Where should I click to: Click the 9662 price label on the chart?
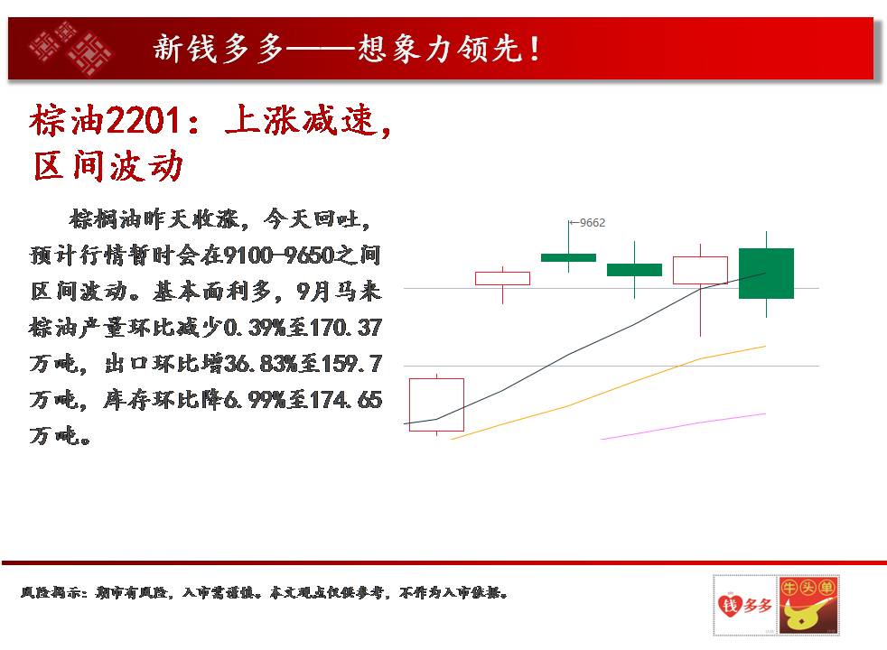pos(593,223)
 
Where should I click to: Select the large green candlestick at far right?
pos(767,273)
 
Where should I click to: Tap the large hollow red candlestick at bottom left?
pos(436,404)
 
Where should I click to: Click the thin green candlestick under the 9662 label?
pos(568,257)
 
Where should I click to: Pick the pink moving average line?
pos(683,426)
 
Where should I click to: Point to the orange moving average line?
pos(608,393)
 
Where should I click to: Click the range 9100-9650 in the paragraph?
pos(278,255)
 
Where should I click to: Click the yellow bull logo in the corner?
pos(808,606)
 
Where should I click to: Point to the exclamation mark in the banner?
pos(535,49)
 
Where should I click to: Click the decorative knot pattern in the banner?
pos(70,48)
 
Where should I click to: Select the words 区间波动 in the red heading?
pos(108,166)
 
